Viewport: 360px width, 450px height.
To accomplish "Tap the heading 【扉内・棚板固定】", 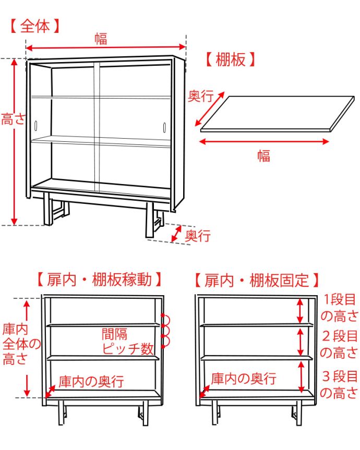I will coord(256,280).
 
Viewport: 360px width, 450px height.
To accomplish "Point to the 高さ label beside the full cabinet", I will coord(13,119).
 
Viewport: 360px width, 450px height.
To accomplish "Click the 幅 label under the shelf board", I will coord(264,155).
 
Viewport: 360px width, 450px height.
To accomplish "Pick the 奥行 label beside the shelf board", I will coord(200,96).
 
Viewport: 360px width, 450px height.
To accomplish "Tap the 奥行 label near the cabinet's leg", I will coord(198,236).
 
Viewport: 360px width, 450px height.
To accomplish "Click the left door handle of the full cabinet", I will coord(36,126).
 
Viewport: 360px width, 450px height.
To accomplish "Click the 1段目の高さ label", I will coord(338,308).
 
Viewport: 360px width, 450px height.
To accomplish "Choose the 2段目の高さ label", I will coord(338,344).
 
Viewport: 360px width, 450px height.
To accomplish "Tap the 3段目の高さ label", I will coord(338,384).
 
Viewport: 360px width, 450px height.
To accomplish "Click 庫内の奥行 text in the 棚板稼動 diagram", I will coord(91,381).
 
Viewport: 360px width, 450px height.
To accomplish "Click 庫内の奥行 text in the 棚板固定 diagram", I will coord(243,379).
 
